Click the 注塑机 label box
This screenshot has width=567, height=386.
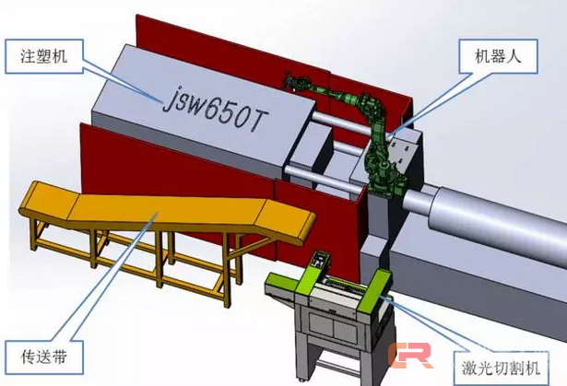pos(44,57)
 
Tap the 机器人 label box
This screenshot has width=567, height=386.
pos(498,57)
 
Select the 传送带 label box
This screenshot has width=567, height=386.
pos(44,357)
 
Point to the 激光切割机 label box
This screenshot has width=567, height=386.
pos(501,368)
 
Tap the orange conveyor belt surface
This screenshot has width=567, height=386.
pos(166,213)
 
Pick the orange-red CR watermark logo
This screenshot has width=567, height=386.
pos(411,356)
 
